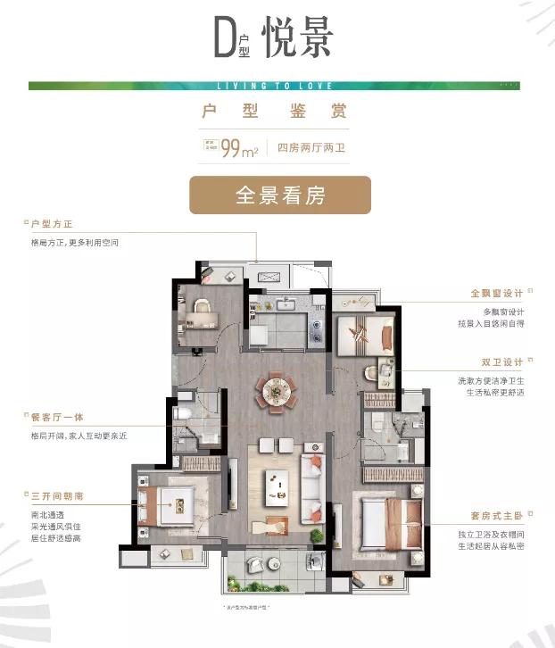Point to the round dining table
pyautogui.click(x=272, y=391)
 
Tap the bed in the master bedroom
pyautogui.click(x=391, y=522)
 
